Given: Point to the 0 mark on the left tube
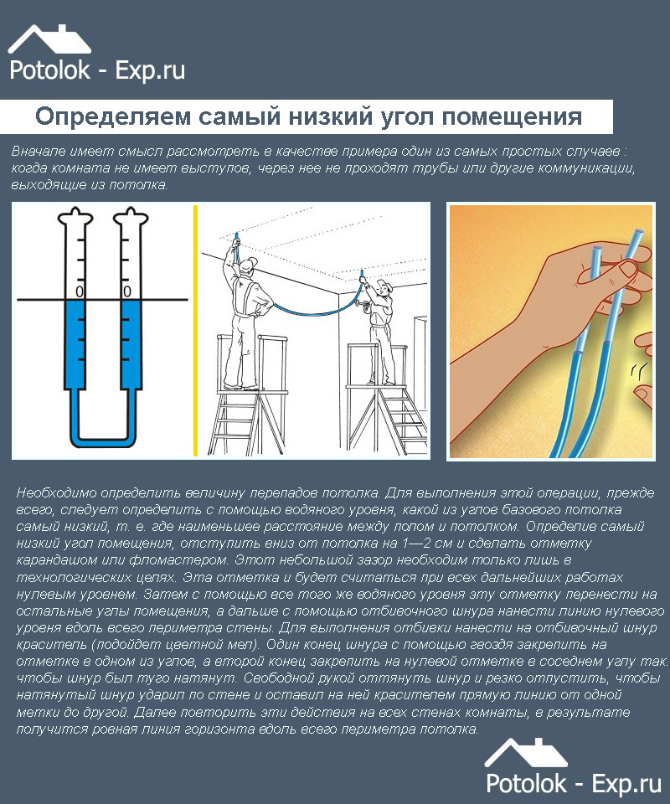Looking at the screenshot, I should [79, 291].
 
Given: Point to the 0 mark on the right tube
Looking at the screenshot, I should [126, 291].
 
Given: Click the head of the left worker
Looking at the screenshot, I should [250, 266].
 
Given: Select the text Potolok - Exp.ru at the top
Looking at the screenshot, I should [96, 70].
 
